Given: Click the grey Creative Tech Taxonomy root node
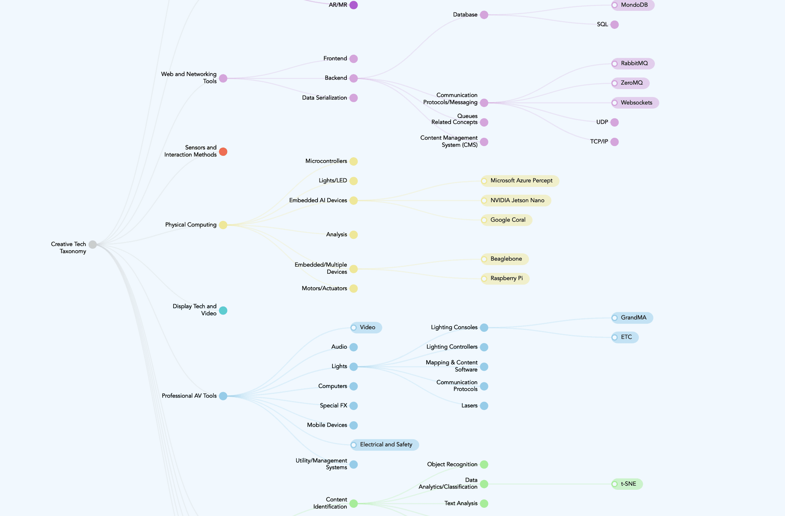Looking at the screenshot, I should [93, 245].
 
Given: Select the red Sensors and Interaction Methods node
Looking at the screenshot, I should [223, 152].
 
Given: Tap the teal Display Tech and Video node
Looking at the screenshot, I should [223, 310].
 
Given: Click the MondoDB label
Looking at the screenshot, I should [634, 5].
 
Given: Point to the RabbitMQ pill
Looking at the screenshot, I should [634, 63].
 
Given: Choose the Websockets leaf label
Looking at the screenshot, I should [636, 103].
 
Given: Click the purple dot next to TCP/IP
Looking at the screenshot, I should [614, 142].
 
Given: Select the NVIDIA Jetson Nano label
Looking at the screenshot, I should [517, 200].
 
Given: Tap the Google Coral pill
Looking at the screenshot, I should [508, 220].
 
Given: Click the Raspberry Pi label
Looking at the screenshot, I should [506, 278].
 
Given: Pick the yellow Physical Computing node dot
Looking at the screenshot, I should [223, 225].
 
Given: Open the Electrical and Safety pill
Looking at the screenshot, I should [386, 444].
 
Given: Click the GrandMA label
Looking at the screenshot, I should [633, 318].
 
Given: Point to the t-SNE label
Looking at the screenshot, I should [628, 484].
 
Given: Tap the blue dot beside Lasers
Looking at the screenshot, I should [484, 406].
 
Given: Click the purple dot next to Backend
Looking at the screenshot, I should [354, 78].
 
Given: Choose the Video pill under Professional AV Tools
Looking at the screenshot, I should [367, 327].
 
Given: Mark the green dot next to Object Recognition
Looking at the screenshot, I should [484, 464].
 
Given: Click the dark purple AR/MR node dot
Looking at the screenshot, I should [354, 5].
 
